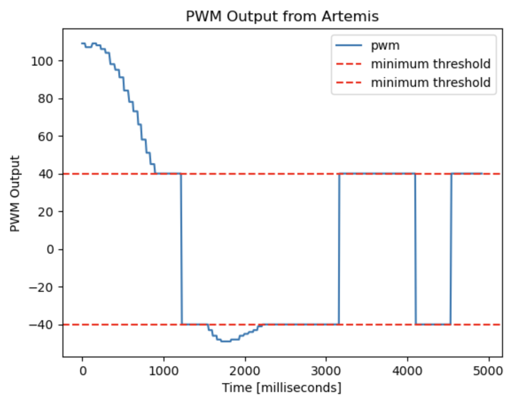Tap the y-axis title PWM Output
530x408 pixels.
tap(16, 193)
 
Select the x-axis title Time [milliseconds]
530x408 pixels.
tap(282, 388)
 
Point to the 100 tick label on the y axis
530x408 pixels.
tap(43, 61)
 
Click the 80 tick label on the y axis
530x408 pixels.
tap(46, 98)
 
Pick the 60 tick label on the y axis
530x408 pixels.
tap(46, 136)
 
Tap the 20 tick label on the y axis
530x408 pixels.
tap(46, 212)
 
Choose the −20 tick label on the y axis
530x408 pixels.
tap(42, 287)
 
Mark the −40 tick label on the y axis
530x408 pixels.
tap(42, 325)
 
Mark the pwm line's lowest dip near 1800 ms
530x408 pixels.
tap(226, 341)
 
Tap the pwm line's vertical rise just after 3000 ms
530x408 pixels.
tap(339, 248)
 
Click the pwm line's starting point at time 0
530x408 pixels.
tap(82, 43)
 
